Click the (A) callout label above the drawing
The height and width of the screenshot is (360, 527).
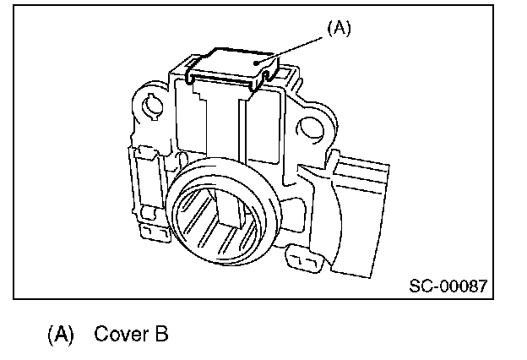click(x=338, y=28)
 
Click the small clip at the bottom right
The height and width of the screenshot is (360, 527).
click(x=302, y=257)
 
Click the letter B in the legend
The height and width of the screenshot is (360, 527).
click(x=160, y=334)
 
